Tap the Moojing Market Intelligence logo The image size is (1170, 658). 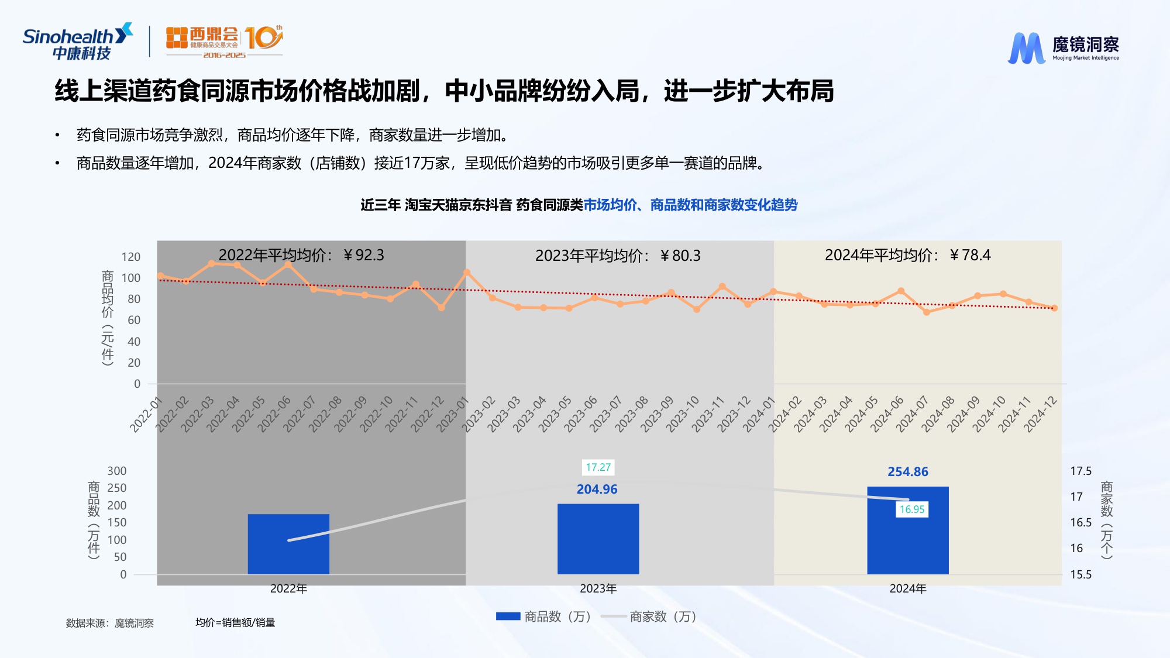pos(1063,47)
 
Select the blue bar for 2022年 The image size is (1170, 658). pos(288,544)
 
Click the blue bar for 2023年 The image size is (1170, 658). pos(598,539)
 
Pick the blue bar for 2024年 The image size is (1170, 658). pos(907,530)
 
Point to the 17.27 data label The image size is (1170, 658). pos(598,467)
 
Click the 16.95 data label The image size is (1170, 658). pos(912,509)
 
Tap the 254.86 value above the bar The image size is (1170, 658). pos(907,472)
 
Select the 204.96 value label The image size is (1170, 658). pos(597,490)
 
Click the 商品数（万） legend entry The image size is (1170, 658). pos(544,616)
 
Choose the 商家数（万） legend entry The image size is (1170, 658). pos(649,616)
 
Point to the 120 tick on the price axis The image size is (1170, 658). pos(131,257)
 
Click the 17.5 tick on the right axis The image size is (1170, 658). pos(1080,471)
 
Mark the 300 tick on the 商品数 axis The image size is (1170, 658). pos(117,471)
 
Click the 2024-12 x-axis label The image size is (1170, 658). pos(1040,414)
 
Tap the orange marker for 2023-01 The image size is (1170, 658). pos(467,273)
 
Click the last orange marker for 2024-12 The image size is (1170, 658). pos(1054,308)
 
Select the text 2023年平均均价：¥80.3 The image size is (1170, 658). pos(618,256)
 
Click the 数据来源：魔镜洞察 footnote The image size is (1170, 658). pos(110,623)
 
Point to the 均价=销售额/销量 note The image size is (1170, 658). pos(235,622)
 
